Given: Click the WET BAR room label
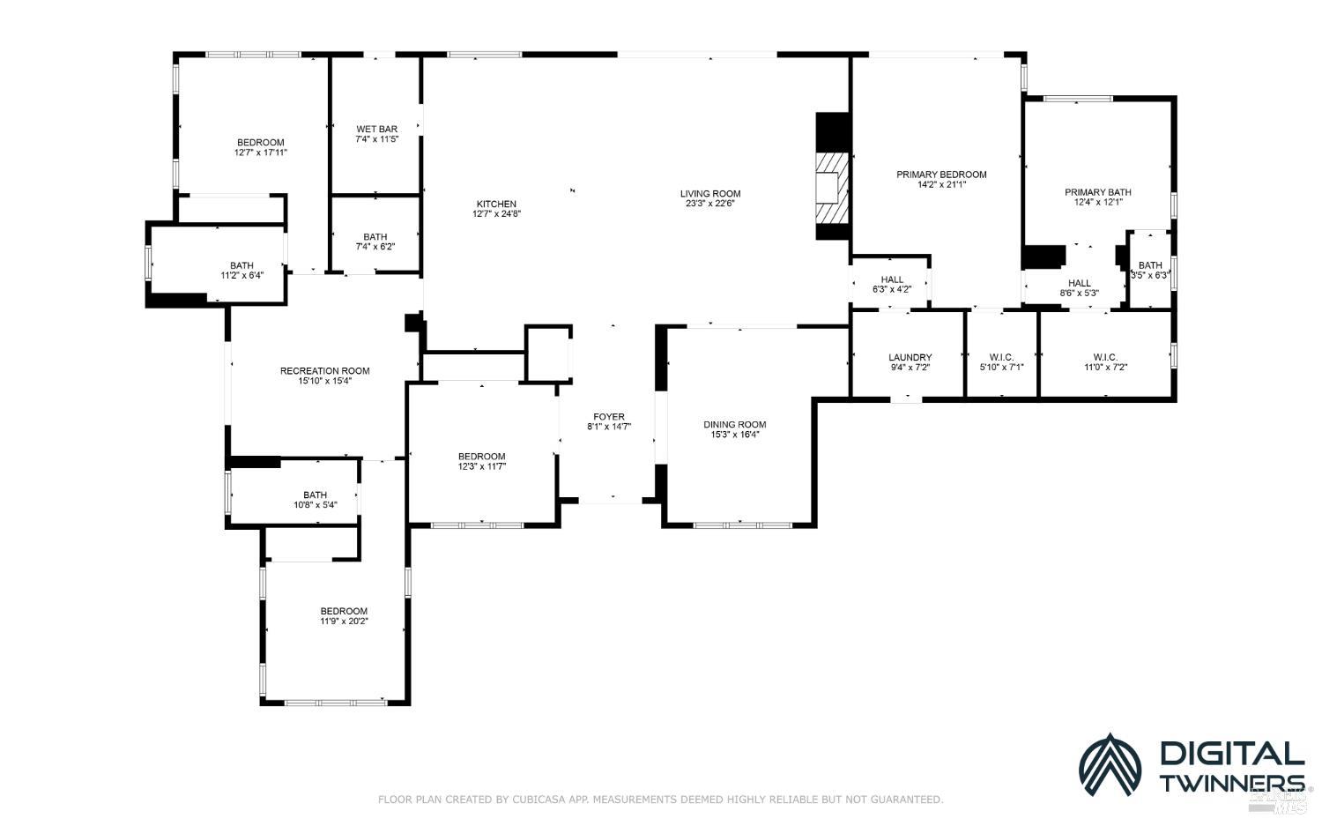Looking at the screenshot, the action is click(x=376, y=129).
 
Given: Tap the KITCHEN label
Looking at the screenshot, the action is click(x=496, y=204).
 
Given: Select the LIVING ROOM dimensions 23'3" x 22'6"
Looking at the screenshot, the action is click(x=710, y=204).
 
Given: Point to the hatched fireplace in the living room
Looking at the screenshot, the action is click(x=832, y=188).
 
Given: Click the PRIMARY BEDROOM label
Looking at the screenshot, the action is click(x=941, y=175).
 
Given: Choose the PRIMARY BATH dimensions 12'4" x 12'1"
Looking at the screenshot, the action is click(x=1098, y=202).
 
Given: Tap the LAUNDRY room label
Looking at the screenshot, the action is click(x=910, y=357).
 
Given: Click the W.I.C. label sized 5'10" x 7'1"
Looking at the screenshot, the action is click(x=1001, y=357).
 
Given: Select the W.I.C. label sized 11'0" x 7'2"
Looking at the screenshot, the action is click(x=1105, y=357).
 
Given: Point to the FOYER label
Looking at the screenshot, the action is click(x=608, y=417).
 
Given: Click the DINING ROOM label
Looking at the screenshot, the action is click(x=735, y=425).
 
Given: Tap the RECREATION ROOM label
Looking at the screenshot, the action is click(x=324, y=371).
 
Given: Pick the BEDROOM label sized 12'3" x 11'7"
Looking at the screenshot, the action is click(x=481, y=457).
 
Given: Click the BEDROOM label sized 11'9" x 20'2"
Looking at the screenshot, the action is click(x=344, y=611).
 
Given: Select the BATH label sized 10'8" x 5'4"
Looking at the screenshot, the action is click(x=316, y=495).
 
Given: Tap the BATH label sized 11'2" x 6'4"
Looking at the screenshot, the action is click(x=242, y=265).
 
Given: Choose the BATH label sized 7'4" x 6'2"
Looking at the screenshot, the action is click(x=375, y=237).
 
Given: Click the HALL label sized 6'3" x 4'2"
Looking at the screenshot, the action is click(x=892, y=279).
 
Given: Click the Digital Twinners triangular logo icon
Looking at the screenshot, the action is click(x=1110, y=766).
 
